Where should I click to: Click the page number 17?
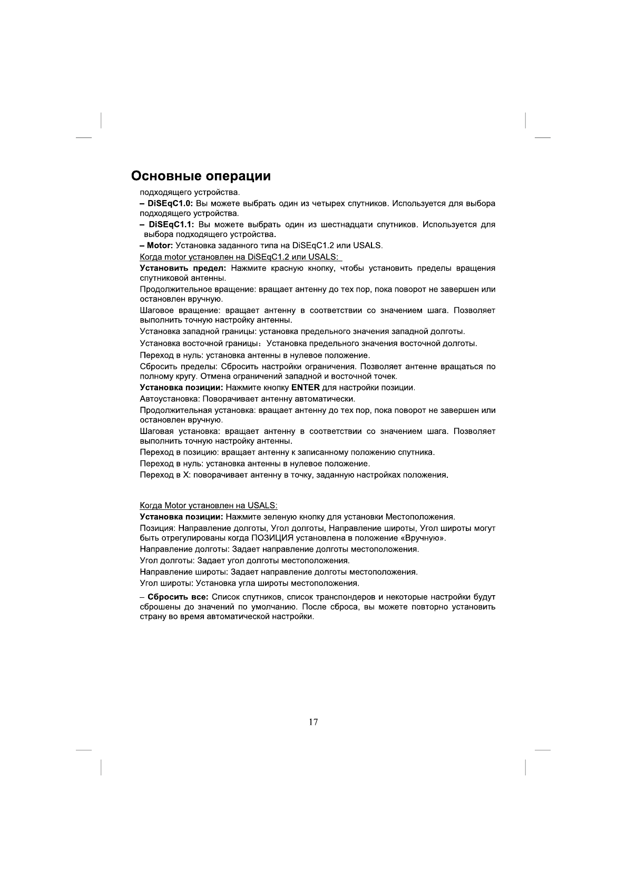click(x=313, y=722)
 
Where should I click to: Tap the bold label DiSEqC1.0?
click(x=171, y=203)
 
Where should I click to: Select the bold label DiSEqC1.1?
click(x=171, y=225)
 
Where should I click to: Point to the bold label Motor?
click(x=160, y=245)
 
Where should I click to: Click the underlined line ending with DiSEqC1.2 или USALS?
click(x=241, y=257)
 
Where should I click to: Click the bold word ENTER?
click(x=305, y=388)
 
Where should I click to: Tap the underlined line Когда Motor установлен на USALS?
click(x=208, y=506)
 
